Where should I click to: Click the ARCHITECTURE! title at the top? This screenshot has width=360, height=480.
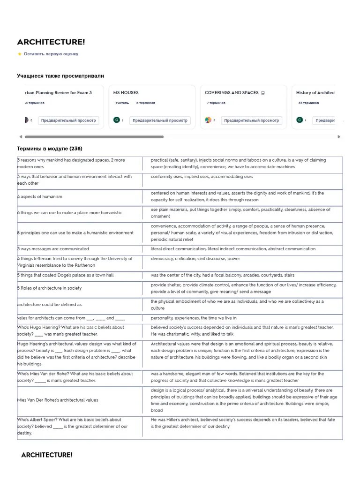click(51, 42)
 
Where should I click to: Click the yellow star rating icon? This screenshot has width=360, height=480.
click(20, 54)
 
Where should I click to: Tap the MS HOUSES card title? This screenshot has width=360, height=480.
click(126, 93)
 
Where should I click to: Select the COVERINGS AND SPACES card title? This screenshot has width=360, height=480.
click(232, 93)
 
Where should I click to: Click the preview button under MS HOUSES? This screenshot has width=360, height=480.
click(160, 120)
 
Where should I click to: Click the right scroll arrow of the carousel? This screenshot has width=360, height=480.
click(339, 137)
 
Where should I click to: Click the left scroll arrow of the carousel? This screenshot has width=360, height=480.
click(20, 137)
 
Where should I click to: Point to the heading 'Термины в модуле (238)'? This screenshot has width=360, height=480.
click(50, 149)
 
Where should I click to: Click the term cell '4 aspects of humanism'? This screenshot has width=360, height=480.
click(40, 197)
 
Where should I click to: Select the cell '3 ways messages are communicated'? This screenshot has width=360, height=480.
click(53, 249)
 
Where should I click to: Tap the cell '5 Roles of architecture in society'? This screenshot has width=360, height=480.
click(49, 288)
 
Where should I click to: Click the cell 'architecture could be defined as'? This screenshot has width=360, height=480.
click(49, 305)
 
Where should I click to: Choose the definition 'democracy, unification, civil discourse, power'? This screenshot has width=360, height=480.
click(195, 259)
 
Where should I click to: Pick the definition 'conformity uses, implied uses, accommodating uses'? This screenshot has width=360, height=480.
click(202, 177)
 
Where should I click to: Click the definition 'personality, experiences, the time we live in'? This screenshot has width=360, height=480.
click(194, 318)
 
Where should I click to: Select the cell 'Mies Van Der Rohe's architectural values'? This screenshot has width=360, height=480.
click(58, 400)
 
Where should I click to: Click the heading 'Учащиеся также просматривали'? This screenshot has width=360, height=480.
click(60, 76)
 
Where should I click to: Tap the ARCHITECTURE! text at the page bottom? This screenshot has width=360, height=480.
click(47, 455)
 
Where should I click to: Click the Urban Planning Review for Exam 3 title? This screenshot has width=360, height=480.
click(58, 93)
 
